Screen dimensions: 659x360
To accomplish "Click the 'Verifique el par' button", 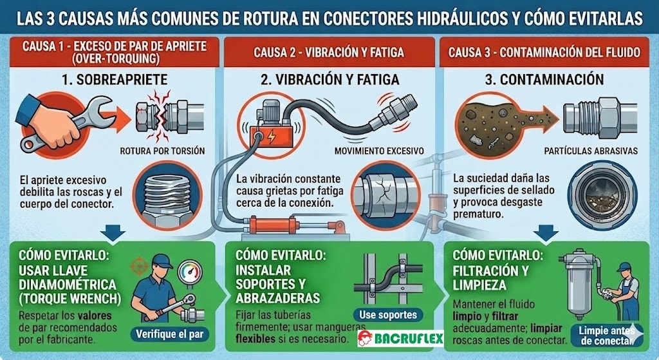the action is pyautogui.click(x=169, y=334).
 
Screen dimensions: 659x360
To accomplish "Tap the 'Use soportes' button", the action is pyautogui.click(x=387, y=314).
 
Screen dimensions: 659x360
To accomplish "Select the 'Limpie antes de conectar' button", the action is pyautogui.click(x=606, y=335).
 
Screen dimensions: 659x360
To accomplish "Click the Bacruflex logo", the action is pyautogui.click(x=400, y=337).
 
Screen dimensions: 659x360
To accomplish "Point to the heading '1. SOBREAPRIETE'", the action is pyautogui.click(x=115, y=79).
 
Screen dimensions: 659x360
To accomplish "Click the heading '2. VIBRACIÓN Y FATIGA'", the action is pyautogui.click(x=330, y=79).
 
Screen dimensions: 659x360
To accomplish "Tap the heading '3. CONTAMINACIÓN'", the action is pyautogui.click(x=544, y=79).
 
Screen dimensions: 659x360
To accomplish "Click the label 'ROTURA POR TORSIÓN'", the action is pyautogui.click(x=162, y=151).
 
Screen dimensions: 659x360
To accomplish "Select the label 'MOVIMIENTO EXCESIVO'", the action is pyautogui.click(x=379, y=151).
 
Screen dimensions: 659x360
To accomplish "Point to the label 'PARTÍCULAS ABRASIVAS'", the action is pyautogui.click(x=591, y=151).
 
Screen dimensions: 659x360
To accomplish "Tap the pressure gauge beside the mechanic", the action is pyautogui.click(x=190, y=272).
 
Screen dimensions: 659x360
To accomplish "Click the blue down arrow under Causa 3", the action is pyautogui.click(x=546, y=233).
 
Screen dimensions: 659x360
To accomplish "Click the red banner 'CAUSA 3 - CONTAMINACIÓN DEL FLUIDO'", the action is pyautogui.click(x=544, y=52).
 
